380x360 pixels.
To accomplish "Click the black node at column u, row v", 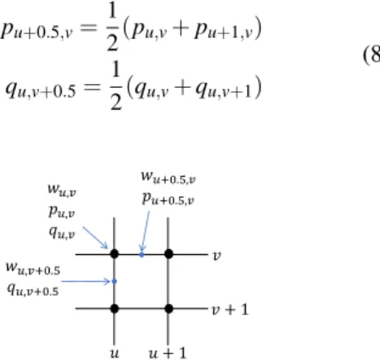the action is coord(115,254).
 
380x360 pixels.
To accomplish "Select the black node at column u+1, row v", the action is coord(168,254).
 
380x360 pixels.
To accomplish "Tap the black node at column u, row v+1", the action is coord(115,309).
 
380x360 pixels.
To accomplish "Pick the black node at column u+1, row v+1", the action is coord(168,309).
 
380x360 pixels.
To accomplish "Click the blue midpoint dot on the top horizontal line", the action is coord(142,255).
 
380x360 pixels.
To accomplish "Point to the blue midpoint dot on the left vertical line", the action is coord(115,282).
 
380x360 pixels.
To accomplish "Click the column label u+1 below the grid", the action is coord(168,353).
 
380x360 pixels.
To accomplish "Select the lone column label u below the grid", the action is coord(114,353).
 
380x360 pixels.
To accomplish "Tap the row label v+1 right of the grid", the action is coord(230,310).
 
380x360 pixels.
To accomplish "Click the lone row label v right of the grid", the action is coord(216,256).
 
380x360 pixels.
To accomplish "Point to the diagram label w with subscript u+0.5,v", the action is coord(168,178).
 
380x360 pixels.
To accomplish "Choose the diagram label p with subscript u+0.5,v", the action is coord(168,199).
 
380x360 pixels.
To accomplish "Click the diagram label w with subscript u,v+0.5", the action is coord(33,269).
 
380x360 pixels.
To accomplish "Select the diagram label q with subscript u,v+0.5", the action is coord(33,290).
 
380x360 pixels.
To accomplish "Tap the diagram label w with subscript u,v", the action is coord(62,190).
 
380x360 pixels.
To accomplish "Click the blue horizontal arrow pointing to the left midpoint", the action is coord(85,282).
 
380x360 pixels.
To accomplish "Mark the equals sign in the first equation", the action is coord(89,28).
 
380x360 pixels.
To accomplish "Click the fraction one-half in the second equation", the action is coord(116,86).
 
